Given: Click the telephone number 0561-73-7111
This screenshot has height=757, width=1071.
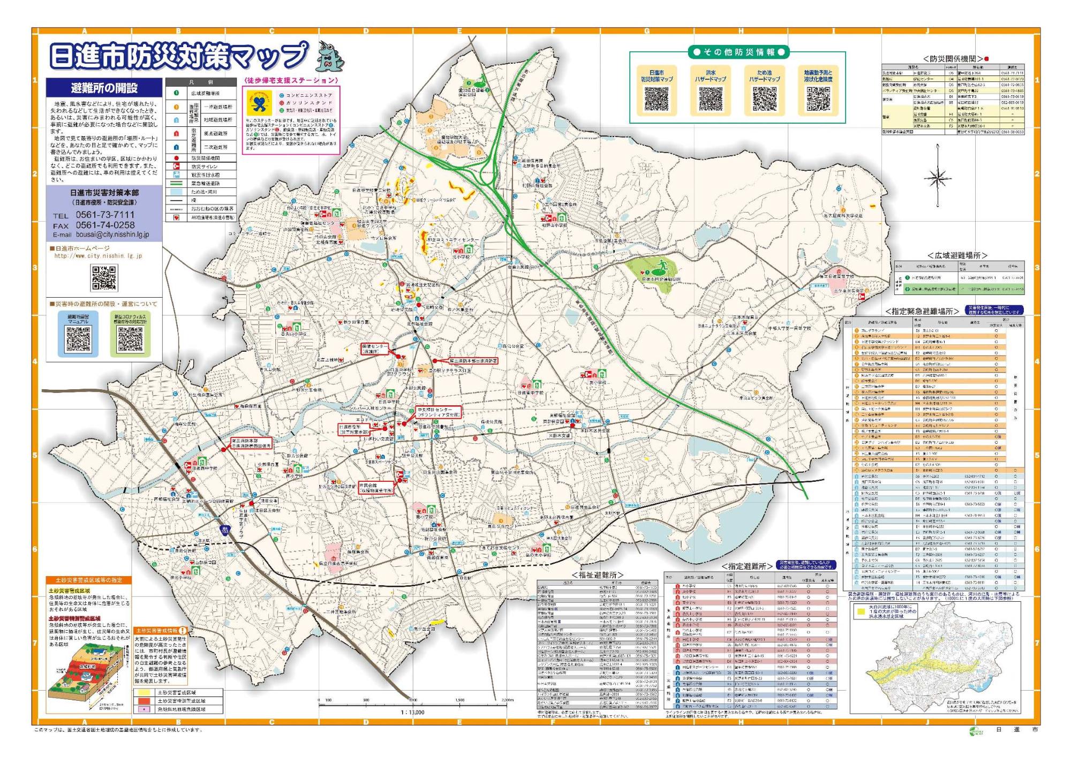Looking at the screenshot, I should pyautogui.click(x=105, y=215).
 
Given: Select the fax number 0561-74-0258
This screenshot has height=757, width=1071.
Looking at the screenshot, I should pyautogui.click(x=105, y=225).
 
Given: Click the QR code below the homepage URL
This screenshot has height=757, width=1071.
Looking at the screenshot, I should pyautogui.click(x=104, y=278).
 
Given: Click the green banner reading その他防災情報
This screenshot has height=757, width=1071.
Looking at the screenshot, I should pyautogui.click(x=738, y=52).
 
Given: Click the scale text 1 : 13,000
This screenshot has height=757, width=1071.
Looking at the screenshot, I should pyautogui.click(x=412, y=712).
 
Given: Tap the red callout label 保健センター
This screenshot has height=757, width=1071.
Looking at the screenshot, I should pyautogui.click(x=375, y=349).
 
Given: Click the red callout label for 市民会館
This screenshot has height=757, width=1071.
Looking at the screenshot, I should pyautogui.click(x=376, y=488).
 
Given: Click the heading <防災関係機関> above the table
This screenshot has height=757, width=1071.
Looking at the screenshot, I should pyautogui.click(x=953, y=59).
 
